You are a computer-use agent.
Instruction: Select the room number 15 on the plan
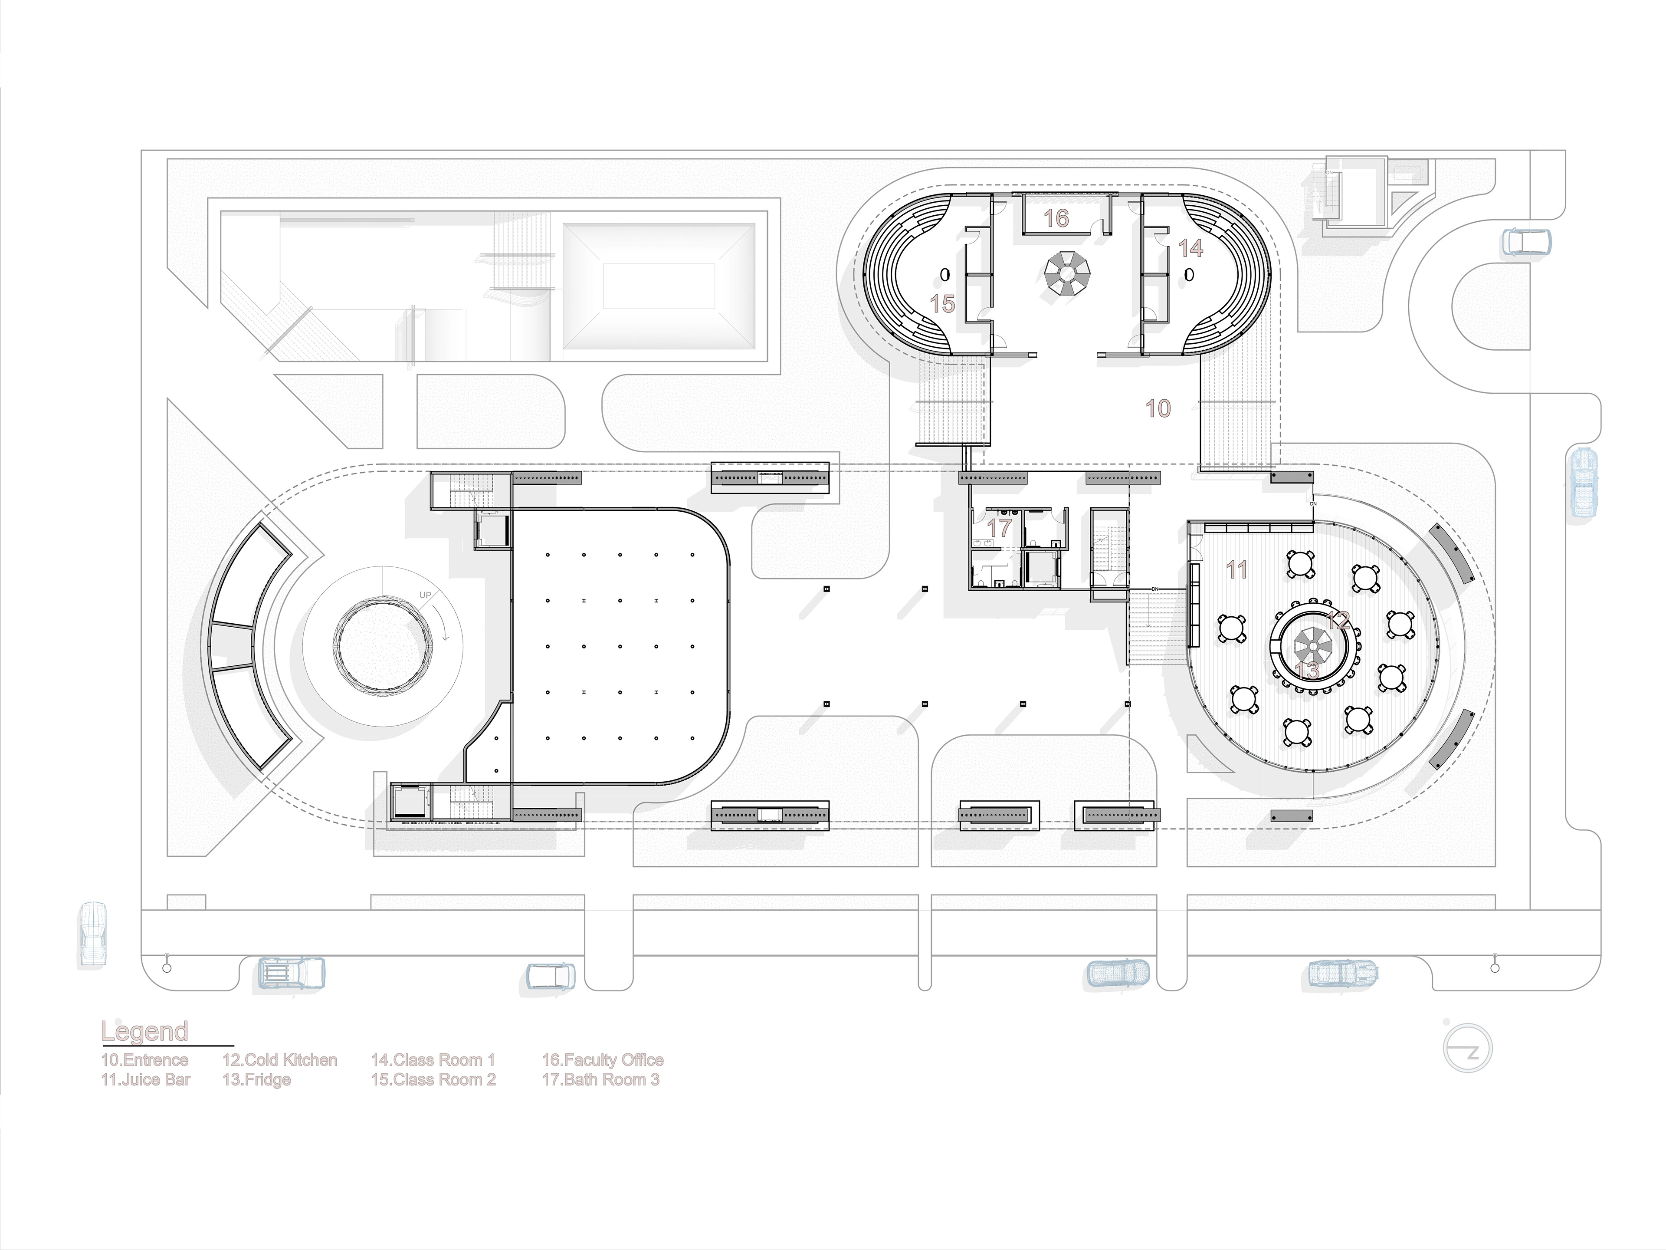click(942, 304)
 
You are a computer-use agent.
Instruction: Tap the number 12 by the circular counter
click(1338, 620)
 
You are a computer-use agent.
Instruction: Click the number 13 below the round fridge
click(1308, 670)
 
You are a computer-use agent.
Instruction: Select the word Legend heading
click(144, 1032)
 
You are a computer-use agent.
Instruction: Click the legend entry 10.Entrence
click(144, 1060)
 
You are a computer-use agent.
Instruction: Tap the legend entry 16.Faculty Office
click(603, 1060)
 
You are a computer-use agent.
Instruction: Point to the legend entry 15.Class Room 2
click(433, 1080)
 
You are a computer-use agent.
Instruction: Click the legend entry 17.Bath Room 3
click(600, 1080)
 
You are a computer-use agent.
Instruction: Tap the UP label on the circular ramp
click(426, 595)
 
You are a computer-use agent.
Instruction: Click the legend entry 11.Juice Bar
click(145, 1080)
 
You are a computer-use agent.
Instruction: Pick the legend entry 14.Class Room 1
click(433, 1060)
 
